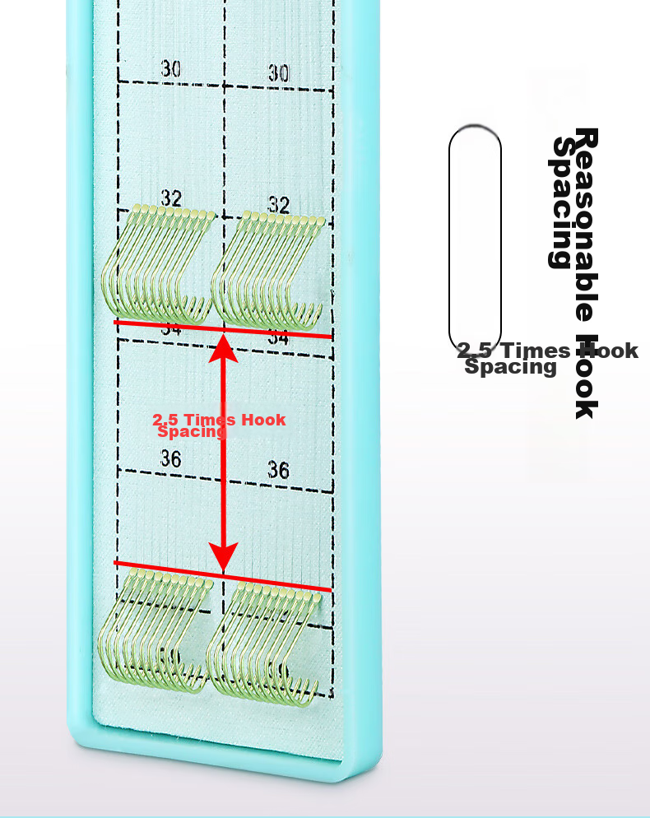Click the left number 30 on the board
click(x=171, y=69)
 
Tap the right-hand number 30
click(x=279, y=73)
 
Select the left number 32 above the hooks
click(x=171, y=198)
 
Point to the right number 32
click(x=279, y=204)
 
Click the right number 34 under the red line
click(x=278, y=338)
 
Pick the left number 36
click(x=170, y=458)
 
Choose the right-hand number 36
click(x=279, y=470)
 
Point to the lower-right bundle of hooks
click(x=262, y=638)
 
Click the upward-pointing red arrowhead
click(x=224, y=349)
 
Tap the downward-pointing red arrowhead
click(x=223, y=555)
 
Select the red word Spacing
click(x=191, y=431)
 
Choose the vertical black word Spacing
click(x=562, y=202)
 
